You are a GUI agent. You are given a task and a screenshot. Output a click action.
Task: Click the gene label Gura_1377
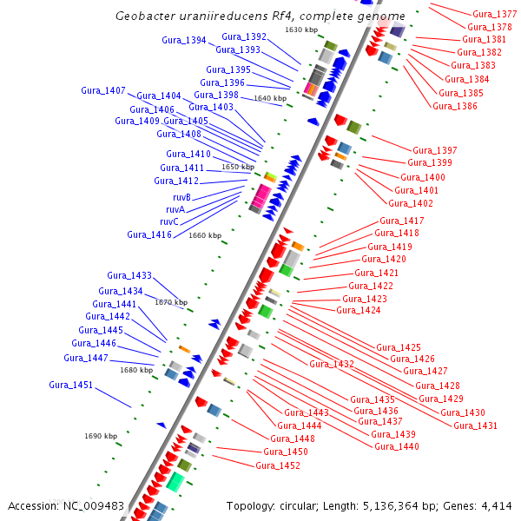pyautogui.click(x=494, y=14)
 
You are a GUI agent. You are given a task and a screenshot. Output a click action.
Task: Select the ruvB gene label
pyautogui.click(x=181, y=197)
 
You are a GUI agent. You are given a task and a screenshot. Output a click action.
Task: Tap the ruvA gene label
pyautogui.click(x=176, y=209)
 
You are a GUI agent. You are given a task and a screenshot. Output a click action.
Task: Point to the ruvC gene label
pyautogui.click(x=169, y=221)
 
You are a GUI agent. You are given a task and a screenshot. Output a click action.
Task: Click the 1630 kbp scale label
pyautogui.click(x=301, y=30)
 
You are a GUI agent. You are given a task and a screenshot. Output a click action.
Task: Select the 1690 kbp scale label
pyautogui.click(x=101, y=436)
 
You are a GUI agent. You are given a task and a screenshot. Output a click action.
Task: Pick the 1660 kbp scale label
pyautogui.click(x=205, y=235)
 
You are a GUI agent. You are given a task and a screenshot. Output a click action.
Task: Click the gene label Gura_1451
pyautogui.click(x=70, y=385)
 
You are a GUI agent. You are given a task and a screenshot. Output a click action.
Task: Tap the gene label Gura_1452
pyautogui.click(x=278, y=465)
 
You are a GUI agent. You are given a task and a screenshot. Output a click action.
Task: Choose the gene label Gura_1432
pyautogui.click(x=332, y=364)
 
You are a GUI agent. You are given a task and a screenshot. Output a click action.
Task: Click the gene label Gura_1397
pyautogui.click(x=434, y=150)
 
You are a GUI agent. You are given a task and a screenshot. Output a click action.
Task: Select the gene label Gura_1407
pyautogui.click(x=103, y=90)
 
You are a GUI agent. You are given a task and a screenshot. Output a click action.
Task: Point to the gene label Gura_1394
pyautogui.click(x=184, y=40)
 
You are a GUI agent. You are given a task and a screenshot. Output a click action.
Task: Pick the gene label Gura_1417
pyautogui.click(x=402, y=221)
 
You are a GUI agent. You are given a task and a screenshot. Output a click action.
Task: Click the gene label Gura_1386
pyautogui.click(x=455, y=106)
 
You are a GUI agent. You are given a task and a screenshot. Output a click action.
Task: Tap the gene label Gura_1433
pyautogui.click(x=129, y=275)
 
